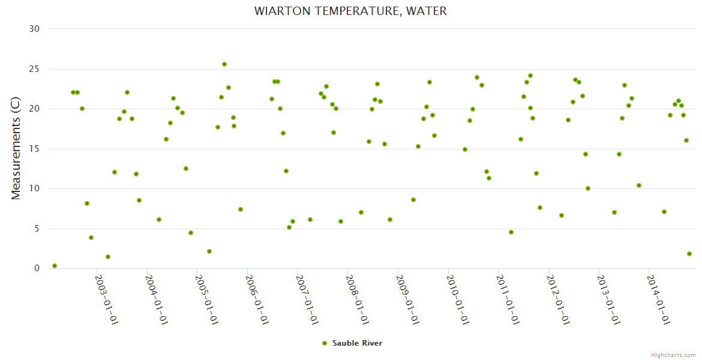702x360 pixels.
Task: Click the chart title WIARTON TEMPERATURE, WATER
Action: point(350,11)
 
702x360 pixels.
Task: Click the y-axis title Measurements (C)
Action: point(16,149)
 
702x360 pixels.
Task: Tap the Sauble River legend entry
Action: point(357,343)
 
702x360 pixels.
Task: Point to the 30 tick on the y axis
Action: point(34,29)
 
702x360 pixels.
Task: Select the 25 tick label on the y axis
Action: point(34,69)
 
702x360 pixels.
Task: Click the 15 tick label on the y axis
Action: point(34,149)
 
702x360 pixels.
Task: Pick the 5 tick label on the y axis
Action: point(37,229)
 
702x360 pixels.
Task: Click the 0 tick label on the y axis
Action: point(37,269)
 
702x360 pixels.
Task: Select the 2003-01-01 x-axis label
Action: point(107,299)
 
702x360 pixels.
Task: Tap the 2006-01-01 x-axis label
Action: point(257,299)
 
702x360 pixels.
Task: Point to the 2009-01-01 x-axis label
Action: point(407,299)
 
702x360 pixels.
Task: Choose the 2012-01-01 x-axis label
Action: point(558,299)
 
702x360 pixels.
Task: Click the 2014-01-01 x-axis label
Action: point(658,299)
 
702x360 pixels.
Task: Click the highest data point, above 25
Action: point(224,64)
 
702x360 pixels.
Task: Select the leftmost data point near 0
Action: point(55,266)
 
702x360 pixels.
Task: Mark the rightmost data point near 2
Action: point(689,254)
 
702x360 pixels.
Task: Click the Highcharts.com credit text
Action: point(673,355)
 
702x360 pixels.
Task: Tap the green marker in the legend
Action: point(325,343)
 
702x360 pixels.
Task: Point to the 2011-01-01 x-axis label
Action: point(508,299)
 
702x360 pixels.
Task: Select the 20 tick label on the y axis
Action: point(34,109)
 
